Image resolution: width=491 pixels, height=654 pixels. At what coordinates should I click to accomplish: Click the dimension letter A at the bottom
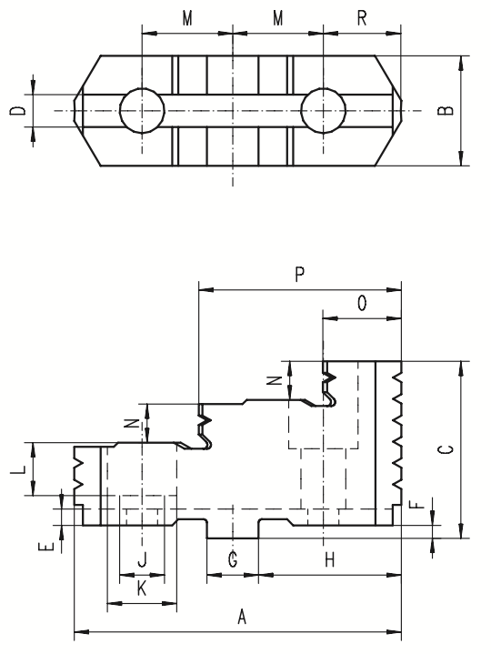pos(242,617)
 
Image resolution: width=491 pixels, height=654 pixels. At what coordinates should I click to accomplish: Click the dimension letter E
pos(48,546)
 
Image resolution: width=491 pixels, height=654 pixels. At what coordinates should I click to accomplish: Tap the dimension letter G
pos(233,559)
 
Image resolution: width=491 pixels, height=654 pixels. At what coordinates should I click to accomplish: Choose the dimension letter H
pos(330,559)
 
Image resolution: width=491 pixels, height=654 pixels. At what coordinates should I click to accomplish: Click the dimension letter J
pos(142,559)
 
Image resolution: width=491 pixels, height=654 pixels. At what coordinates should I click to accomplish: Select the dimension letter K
pos(142,589)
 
